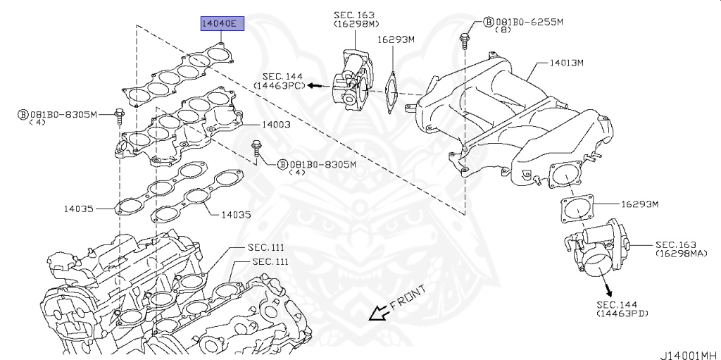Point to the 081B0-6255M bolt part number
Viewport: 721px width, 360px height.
529,22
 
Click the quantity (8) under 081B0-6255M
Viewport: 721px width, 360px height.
502,30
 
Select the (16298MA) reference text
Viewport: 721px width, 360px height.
680,252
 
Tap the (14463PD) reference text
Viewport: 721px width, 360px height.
622,312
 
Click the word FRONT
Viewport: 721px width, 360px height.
408,299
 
